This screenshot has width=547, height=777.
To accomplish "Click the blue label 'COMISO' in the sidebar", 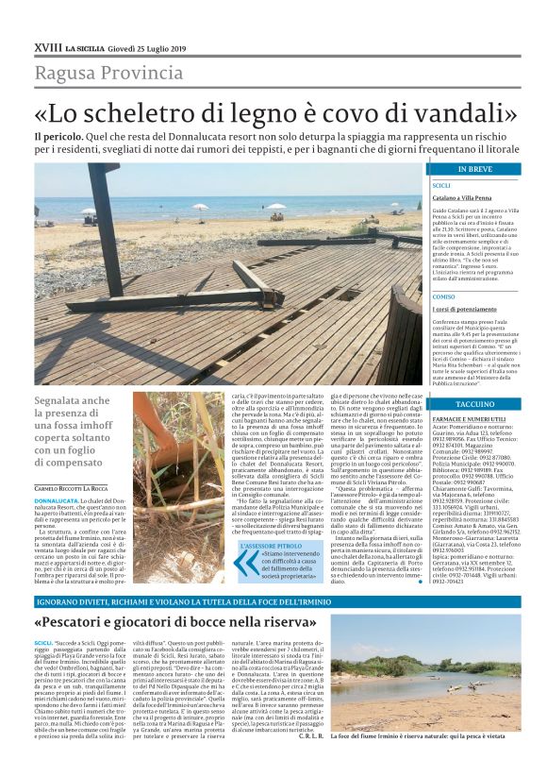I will click(x=443, y=296).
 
